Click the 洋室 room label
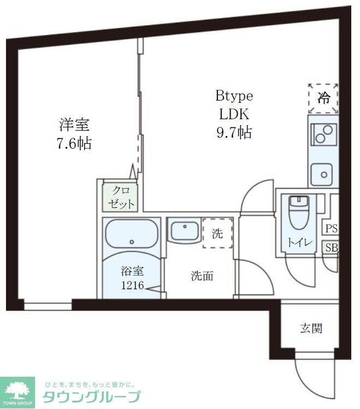tap(74, 125)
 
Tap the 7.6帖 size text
tap(74, 144)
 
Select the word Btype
tap(234, 96)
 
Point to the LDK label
tap(234, 114)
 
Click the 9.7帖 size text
tap(234, 132)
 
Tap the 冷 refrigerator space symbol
tap(323, 98)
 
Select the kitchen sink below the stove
tap(323, 174)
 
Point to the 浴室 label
tap(132, 271)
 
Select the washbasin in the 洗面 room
tap(183, 231)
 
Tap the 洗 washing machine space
tap(217, 233)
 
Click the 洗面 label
tap(202, 276)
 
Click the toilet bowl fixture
tap(298, 213)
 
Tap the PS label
tap(331, 229)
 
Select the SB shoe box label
tap(331, 248)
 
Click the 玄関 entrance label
tap(311, 328)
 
